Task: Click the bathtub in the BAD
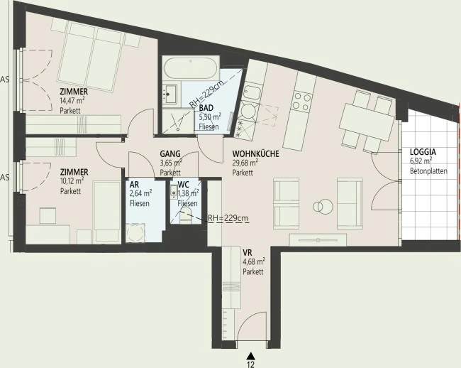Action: pyautogui.click(x=191, y=68)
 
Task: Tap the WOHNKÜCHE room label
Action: pyautogui.click(x=255, y=154)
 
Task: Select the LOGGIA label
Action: pyautogui.click(x=423, y=152)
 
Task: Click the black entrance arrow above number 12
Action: pyautogui.click(x=250, y=356)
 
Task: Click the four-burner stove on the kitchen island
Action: pyautogui.click(x=301, y=102)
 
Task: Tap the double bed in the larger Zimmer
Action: pyautogui.click(x=90, y=58)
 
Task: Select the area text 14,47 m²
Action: pyautogui.click(x=72, y=101)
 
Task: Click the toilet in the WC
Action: pyautogui.click(x=186, y=215)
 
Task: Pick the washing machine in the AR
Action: pyautogui.click(x=135, y=232)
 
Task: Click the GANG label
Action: pyautogui.click(x=170, y=153)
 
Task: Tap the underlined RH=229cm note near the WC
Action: pyautogui.click(x=228, y=218)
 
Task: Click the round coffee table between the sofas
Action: pyautogui.click(x=323, y=206)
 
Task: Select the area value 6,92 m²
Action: pyautogui.click(x=421, y=161)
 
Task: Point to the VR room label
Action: pyautogui.click(x=247, y=253)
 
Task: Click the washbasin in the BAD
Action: pyautogui.click(x=170, y=94)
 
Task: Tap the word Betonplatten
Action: pyautogui.click(x=428, y=171)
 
